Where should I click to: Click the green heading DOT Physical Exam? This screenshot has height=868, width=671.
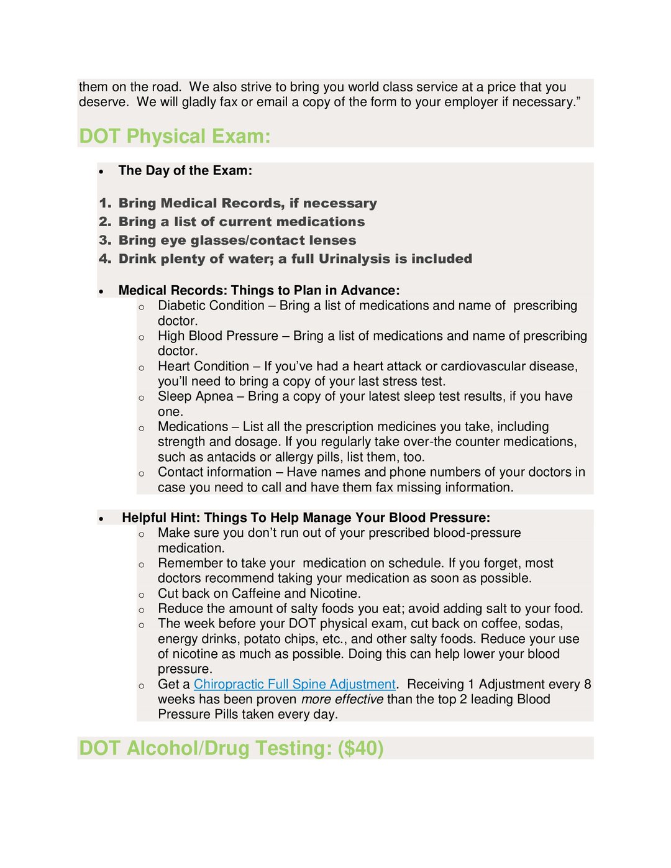pyautogui.click(x=175, y=136)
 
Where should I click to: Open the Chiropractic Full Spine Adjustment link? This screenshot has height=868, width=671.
pyautogui.click(x=294, y=684)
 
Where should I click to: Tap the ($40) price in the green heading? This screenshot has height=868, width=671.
pyautogui.click(x=360, y=748)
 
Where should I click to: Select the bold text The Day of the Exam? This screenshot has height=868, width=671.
pyautogui.click(x=185, y=170)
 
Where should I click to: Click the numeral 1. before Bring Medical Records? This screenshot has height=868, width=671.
pyautogui.click(x=105, y=203)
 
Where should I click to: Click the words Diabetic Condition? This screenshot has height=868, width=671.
pyautogui.click(x=211, y=306)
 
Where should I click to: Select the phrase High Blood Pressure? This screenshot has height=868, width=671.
pyautogui.click(x=218, y=336)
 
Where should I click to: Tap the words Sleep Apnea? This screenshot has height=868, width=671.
pyautogui.click(x=196, y=396)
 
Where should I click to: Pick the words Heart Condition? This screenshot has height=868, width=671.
pyautogui.click(x=203, y=367)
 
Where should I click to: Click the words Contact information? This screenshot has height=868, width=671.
pyautogui.click(x=214, y=472)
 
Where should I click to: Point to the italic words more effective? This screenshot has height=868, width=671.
pyautogui.click(x=342, y=700)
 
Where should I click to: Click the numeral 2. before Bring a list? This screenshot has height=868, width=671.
pyautogui.click(x=105, y=222)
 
